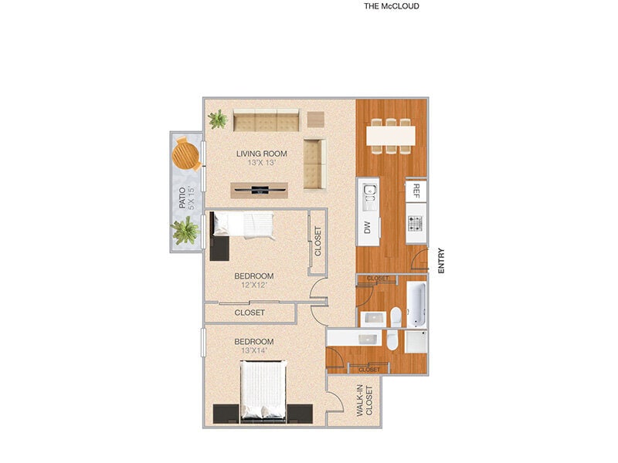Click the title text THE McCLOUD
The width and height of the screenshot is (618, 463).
(391, 6)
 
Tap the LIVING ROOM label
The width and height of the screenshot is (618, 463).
(262, 154)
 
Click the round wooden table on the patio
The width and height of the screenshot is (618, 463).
(187, 153)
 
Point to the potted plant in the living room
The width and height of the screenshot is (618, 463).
(219, 120)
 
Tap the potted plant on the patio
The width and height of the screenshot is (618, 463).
(185, 231)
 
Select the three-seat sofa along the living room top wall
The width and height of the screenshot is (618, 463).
(267, 120)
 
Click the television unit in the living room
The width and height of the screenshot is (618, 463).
(260, 190)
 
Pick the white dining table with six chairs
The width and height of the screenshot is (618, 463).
(391, 135)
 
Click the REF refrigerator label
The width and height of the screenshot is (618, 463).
(416, 190)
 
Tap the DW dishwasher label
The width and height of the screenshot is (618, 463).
(368, 228)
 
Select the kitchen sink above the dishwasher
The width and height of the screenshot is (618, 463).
(368, 194)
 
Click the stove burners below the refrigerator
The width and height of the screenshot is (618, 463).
(416, 224)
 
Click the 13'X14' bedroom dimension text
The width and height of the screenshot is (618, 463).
(254, 351)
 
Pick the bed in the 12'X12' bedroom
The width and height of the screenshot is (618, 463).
(243, 225)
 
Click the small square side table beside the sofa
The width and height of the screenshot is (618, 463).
(316, 120)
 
